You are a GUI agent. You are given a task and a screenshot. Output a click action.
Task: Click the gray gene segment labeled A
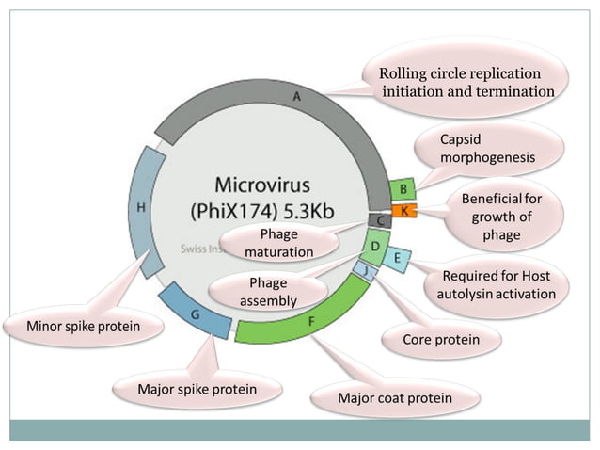point(296,97)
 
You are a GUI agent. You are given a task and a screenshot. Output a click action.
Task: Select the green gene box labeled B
point(403,189)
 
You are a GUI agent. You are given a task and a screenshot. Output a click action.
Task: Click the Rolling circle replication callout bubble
point(466,82)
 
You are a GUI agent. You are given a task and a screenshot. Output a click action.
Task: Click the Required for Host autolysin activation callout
point(496,285)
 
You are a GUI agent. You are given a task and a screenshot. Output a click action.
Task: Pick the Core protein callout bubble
point(440,339)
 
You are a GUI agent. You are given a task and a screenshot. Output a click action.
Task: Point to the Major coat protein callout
point(394,398)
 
